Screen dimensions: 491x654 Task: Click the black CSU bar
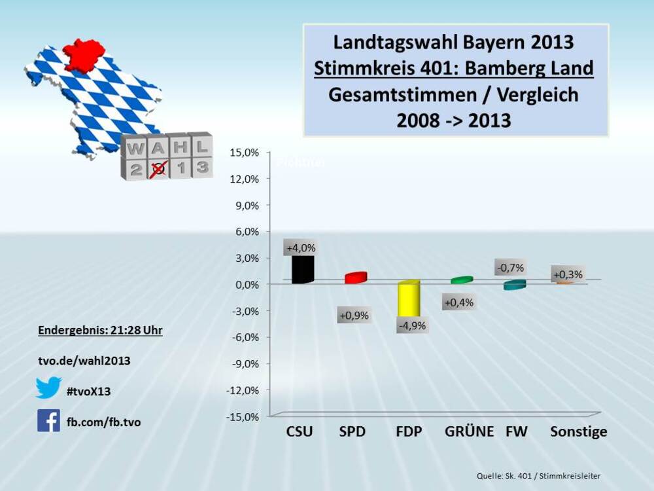point(303,269)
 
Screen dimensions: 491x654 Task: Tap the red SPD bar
point(355,278)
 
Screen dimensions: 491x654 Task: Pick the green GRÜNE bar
point(462,280)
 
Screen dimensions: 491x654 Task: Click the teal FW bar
point(514,285)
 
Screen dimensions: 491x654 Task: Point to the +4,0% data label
point(301,248)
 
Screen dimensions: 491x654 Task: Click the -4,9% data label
point(410,325)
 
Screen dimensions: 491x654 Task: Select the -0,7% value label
point(510,268)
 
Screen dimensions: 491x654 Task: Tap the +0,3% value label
point(567,274)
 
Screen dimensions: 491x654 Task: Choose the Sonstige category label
point(578,432)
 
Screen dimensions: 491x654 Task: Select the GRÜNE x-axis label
point(469,432)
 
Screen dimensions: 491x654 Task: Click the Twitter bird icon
point(48,388)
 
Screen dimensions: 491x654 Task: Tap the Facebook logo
point(48,421)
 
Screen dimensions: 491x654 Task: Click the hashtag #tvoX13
point(89,391)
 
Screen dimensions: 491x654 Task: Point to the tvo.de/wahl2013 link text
point(84,361)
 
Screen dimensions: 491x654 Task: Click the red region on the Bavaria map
point(83,54)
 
